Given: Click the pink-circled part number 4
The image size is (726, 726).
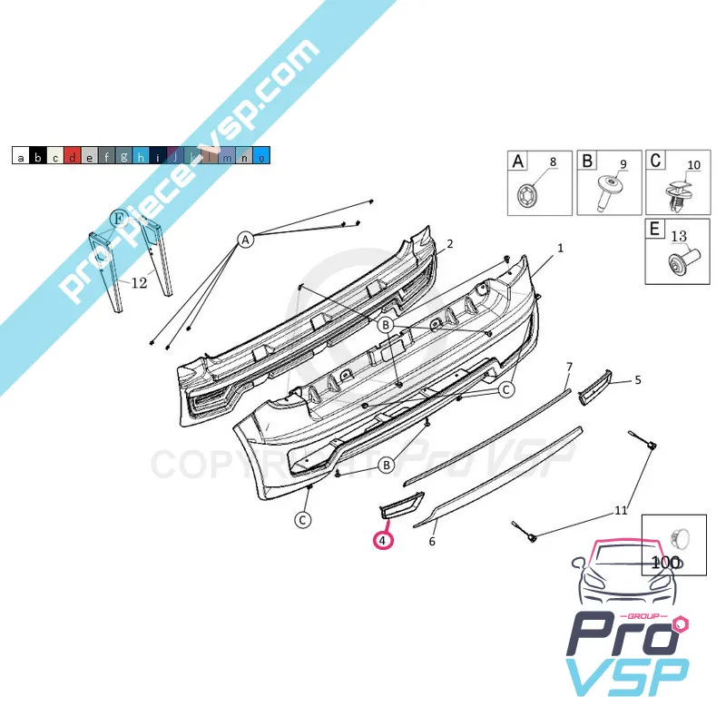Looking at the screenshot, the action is click(x=383, y=540).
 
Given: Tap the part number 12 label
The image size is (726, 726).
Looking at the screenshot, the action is click(x=139, y=282).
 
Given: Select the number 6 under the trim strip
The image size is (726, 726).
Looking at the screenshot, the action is click(x=432, y=541).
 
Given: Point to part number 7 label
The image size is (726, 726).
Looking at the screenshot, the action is click(x=570, y=367).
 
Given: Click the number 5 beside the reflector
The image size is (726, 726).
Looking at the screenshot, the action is click(x=638, y=380).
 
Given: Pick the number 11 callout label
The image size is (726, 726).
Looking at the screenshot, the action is click(x=621, y=510).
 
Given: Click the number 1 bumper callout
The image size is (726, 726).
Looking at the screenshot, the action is click(x=560, y=248).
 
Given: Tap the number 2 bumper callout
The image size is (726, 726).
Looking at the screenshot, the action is click(x=449, y=243).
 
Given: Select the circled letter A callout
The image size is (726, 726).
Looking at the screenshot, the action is click(x=245, y=240).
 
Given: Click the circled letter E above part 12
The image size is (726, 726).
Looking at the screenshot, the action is click(x=119, y=218).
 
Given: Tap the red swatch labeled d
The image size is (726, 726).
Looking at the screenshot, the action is click(x=73, y=155).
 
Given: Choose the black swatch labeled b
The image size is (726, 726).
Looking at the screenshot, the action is click(x=38, y=155).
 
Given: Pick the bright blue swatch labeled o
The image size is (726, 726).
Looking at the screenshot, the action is click(x=261, y=155).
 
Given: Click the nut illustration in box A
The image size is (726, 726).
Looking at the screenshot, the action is click(x=526, y=195).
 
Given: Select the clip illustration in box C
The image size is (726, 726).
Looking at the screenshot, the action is click(x=679, y=198).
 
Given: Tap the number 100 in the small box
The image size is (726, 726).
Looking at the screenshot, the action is click(x=666, y=563).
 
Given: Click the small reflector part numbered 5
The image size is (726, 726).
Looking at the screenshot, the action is click(x=595, y=388).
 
